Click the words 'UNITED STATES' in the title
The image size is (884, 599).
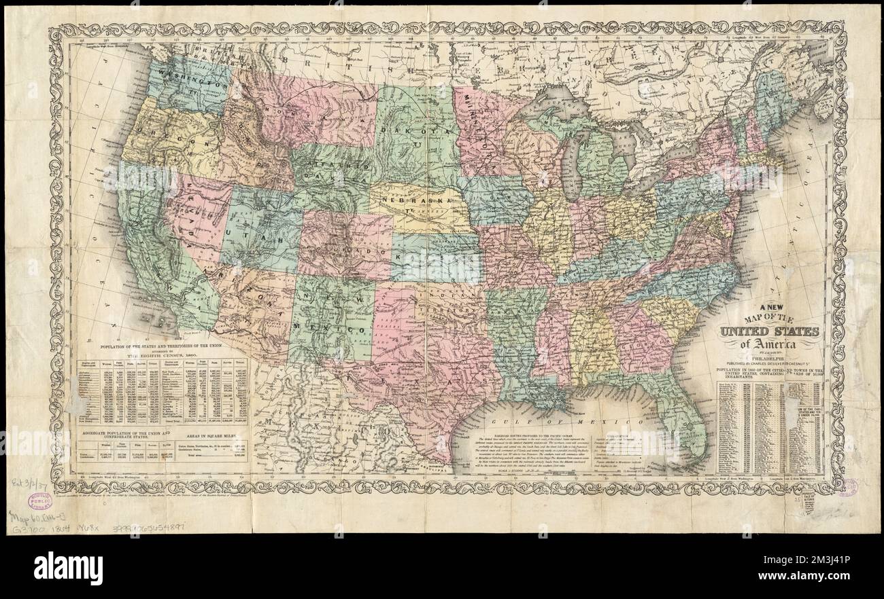click(x=768, y=332)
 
